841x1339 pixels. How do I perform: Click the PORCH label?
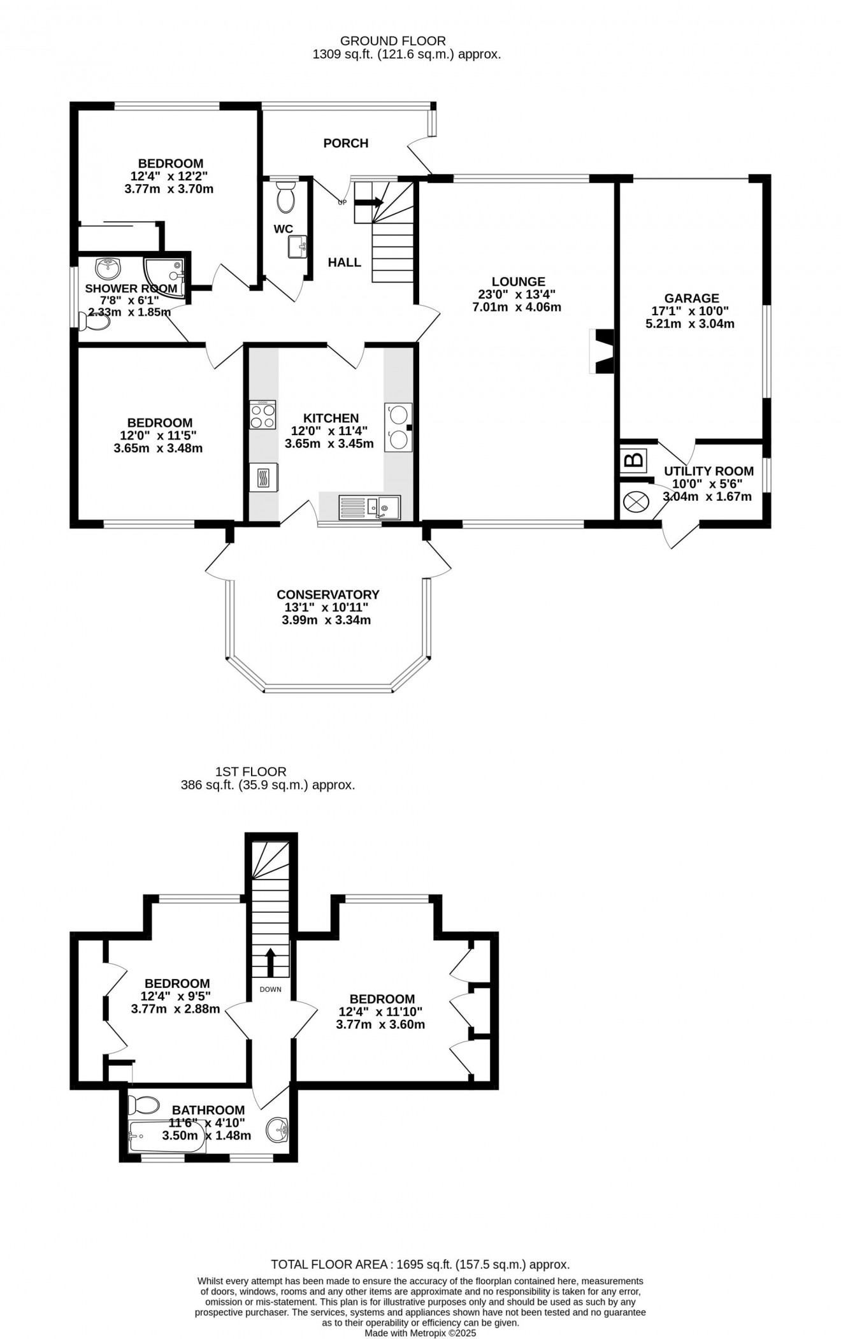345,143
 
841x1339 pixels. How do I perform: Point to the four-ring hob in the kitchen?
262,414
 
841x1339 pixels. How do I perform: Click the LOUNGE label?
519,282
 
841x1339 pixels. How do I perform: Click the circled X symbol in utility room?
635,502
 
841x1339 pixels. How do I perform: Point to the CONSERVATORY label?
327,594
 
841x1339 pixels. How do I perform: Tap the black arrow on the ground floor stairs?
369,203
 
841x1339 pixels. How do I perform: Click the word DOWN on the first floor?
270,989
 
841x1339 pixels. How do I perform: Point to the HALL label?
344,262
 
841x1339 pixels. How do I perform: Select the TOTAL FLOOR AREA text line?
420,1264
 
